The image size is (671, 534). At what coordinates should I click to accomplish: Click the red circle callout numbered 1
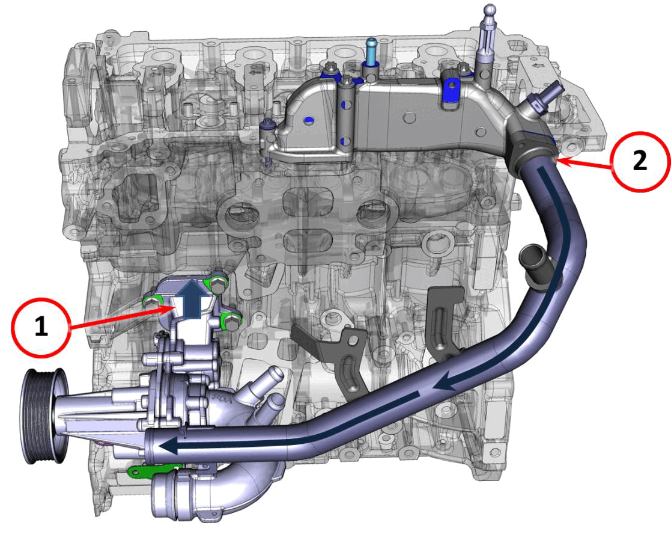pos(41,327)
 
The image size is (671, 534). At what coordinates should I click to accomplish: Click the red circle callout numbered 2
pos(640,162)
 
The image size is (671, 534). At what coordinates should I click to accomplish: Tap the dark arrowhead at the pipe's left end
pos(167,446)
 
